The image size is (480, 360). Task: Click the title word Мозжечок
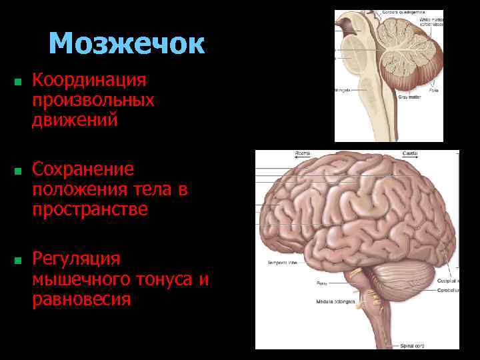click(x=126, y=44)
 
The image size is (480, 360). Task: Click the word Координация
click(x=89, y=81)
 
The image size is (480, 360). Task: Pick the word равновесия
click(x=81, y=299)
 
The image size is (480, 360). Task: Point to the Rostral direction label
click(x=303, y=153)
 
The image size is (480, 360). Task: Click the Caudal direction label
click(x=410, y=153)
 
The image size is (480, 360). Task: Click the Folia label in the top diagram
click(x=415, y=89)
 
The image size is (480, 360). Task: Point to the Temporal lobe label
click(x=283, y=263)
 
